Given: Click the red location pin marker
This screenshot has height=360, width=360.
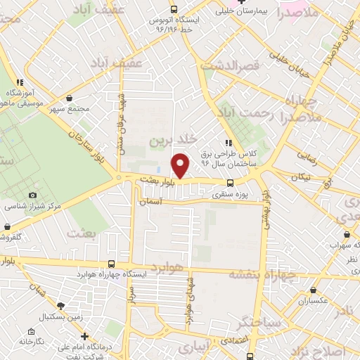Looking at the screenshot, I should click(181, 165).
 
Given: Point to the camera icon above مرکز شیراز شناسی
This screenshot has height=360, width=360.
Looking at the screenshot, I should click(32, 195).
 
